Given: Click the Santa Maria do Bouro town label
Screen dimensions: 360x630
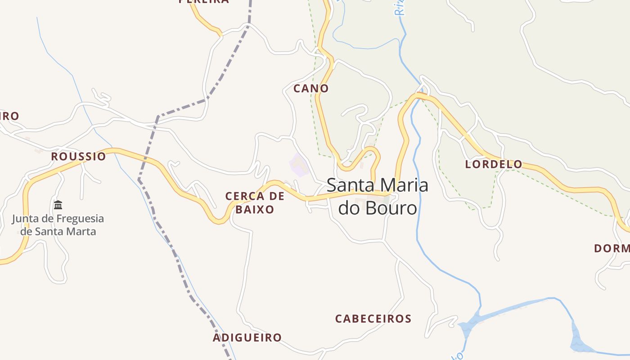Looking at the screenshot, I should pyautogui.click(x=377, y=197).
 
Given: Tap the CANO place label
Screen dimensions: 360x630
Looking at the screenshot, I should pyautogui.click(x=311, y=88).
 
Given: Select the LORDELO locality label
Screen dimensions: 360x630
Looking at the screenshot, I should pyautogui.click(x=494, y=164).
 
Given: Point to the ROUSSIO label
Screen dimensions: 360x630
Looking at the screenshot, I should pyautogui.click(x=78, y=157).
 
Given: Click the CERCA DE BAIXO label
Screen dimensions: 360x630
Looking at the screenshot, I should pyautogui.click(x=255, y=202).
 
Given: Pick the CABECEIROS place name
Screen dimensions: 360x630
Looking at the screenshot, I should pyautogui.click(x=373, y=319).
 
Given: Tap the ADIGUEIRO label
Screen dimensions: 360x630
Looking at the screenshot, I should pyautogui.click(x=247, y=337).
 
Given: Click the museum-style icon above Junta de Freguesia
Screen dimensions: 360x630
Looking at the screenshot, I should pyautogui.click(x=58, y=205).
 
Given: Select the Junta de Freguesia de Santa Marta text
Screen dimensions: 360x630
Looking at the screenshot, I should pyautogui.click(x=58, y=225).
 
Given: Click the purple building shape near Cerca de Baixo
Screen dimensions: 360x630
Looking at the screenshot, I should pyautogui.click(x=298, y=165).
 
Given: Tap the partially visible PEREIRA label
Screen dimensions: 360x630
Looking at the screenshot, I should pyautogui.click(x=204, y=2).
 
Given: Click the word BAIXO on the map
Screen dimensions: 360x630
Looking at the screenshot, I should pyautogui.click(x=255, y=209).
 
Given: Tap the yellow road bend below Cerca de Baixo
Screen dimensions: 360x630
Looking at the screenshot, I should pyautogui.click(x=220, y=220).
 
